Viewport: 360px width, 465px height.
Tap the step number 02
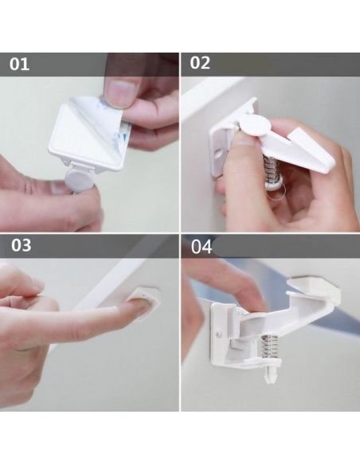200,64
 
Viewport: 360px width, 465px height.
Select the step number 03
20,246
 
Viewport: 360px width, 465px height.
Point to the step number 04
202,246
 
